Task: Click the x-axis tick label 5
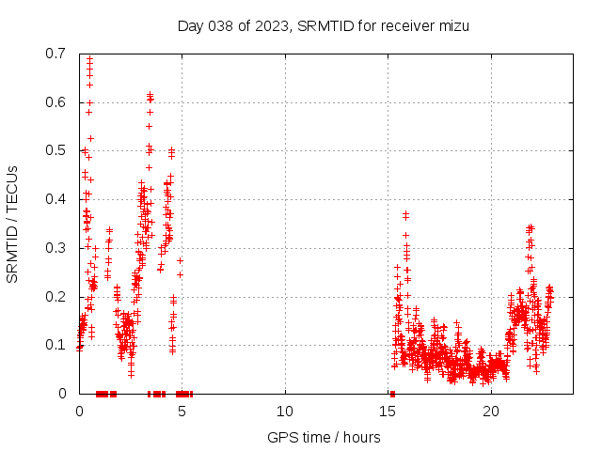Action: [182, 412]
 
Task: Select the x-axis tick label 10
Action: [285, 412]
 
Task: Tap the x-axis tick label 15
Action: [388, 412]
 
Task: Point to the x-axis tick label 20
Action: [491, 412]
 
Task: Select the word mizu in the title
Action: [452, 25]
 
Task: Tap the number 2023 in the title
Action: [271, 25]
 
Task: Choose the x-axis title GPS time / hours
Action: [324, 437]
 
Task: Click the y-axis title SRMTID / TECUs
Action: [13, 224]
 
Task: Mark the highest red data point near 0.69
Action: [89, 58]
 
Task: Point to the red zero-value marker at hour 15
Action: [392, 394]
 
